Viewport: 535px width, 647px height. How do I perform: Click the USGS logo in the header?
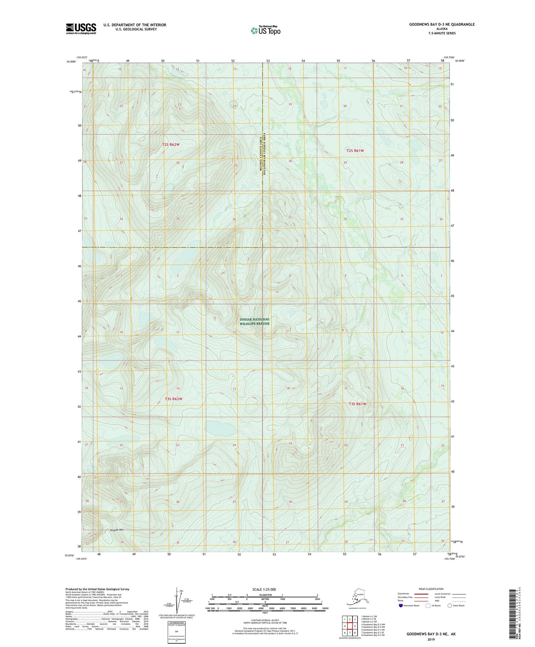pyautogui.click(x=81, y=29)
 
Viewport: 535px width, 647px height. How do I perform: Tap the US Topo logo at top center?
pyautogui.click(x=265, y=30)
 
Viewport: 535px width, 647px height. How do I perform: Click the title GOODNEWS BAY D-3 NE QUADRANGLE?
pyautogui.click(x=442, y=24)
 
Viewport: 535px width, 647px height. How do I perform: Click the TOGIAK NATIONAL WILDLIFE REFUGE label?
pyautogui.click(x=254, y=321)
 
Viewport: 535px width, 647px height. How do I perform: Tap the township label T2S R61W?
pyautogui.click(x=355, y=151)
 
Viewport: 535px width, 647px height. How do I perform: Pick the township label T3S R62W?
pyautogui.click(x=173, y=399)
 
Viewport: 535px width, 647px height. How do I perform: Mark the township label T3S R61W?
pyautogui.click(x=357, y=404)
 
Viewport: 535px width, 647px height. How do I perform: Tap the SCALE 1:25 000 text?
pyautogui.click(x=264, y=589)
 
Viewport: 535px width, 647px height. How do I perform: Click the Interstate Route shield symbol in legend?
pyautogui.click(x=401, y=605)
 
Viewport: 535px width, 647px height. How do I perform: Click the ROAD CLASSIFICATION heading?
pyautogui.click(x=431, y=589)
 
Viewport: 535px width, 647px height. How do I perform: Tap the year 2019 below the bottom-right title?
pyautogui.click(x=431, y=640)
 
